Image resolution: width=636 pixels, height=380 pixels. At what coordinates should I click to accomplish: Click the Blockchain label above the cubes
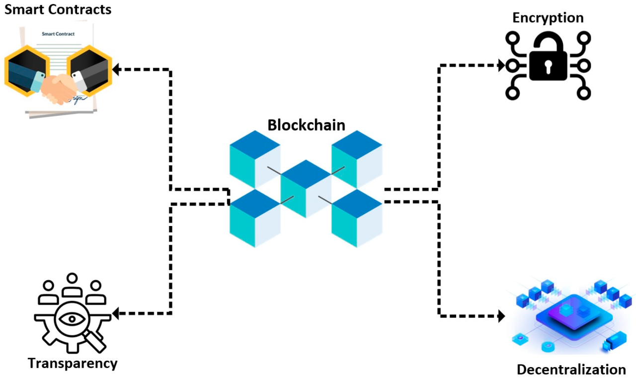tap(306, 125)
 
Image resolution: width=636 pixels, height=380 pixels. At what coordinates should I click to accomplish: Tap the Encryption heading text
tap(548, 18)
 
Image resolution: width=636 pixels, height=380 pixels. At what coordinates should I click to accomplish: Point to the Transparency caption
tap(73, 363)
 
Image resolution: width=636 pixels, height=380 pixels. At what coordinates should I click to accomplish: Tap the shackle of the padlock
tap(548, 41)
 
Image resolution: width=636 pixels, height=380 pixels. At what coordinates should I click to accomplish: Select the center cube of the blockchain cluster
tap(306, 189)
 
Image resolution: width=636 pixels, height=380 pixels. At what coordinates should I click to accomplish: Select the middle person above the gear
tap(73, 286)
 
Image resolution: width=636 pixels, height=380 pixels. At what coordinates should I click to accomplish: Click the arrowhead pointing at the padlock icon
tap(501, 65)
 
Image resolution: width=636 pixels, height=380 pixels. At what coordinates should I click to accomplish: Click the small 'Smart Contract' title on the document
tap(58, 34)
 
